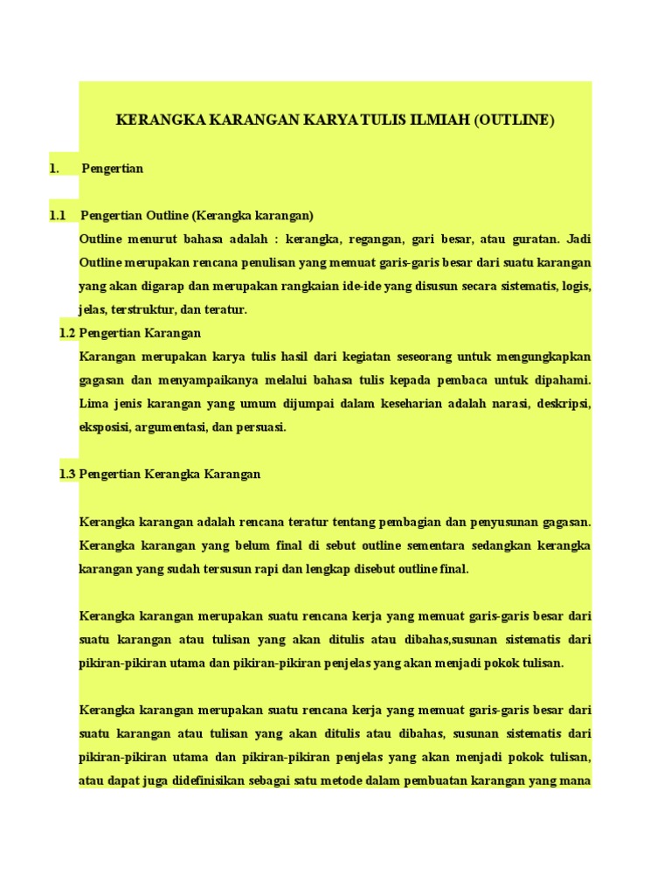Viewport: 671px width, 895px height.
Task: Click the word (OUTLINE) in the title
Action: point(515,121)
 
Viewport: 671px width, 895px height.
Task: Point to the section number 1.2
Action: point(67,333)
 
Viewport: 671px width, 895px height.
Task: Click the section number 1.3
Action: point(67,474)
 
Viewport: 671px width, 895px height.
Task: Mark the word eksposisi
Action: point(104,427)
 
